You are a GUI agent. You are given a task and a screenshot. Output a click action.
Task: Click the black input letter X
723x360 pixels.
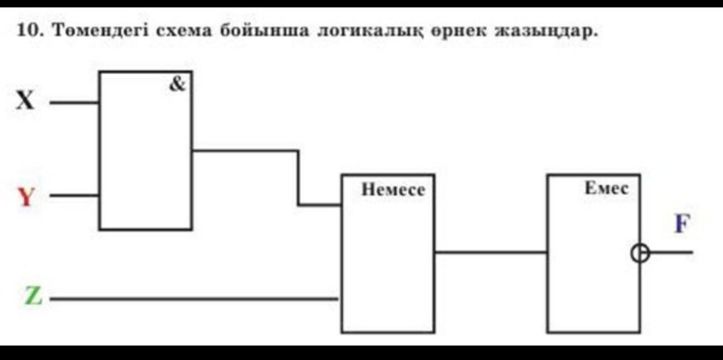[x=24, y=102]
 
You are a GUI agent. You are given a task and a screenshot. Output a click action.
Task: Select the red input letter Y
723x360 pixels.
[x=25, y=197]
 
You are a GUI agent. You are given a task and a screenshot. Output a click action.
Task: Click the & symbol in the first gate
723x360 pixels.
[x=177, y=84]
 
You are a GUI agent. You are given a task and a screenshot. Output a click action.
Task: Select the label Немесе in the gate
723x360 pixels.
[x=393, y=190]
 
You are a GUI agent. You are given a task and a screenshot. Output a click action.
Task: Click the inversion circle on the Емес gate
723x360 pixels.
[x=640, y=253]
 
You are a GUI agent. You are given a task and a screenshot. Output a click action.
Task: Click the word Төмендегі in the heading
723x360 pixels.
[x=98, y=31]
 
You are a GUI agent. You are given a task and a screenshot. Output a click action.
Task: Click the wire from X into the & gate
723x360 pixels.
[x=75, y=103]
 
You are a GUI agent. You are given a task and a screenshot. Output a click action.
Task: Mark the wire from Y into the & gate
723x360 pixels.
[x=75, y=196]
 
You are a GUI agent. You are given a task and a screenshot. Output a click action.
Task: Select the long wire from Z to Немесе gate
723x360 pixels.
[x=195, y=298]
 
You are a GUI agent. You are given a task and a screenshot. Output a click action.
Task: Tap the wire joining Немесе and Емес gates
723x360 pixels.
[x=491, y=253]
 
